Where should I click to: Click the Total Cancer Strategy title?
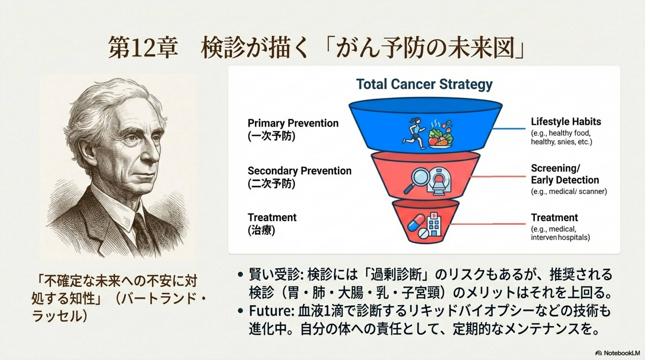[x=424, y=84]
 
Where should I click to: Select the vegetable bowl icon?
[x=441, y=136]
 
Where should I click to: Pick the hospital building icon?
[x=435, y=226]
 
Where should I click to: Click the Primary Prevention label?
[x=293, y=123]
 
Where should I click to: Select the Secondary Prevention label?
[x=300, y=171]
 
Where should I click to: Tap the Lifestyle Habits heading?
[x=566, y=122]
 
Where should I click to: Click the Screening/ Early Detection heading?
[x=565, y=174]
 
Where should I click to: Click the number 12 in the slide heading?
[x=144, y=49]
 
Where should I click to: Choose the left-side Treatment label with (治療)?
[x=272, y=224]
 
